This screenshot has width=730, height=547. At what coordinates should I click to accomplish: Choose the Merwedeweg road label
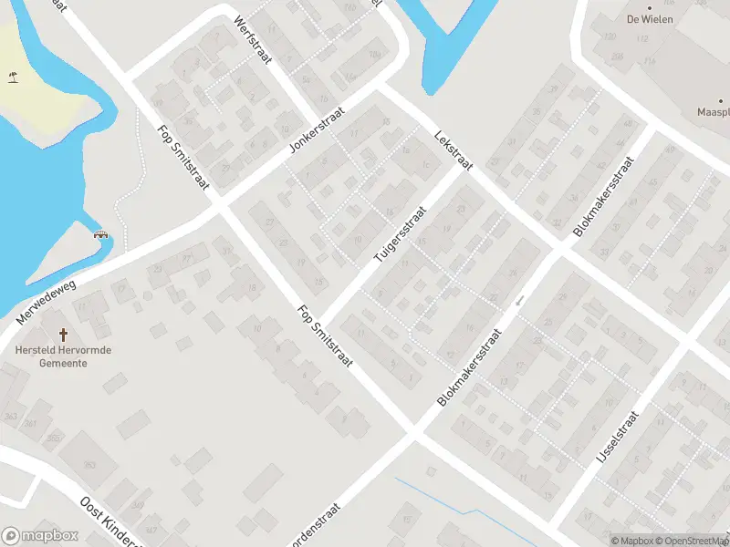(x=47, y=303)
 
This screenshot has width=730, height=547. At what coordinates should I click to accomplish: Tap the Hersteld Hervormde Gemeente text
(x=63, y=356)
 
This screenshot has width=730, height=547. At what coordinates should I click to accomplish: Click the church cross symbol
(x=63, y=335)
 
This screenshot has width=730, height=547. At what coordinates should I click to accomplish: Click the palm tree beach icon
(x=13, y=77)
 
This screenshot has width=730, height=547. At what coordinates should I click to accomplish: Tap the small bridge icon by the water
(x=102, y=234)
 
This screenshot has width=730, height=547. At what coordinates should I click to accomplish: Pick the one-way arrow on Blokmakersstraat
(x=519, y=300)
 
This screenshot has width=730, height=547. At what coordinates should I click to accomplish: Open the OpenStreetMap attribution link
(x=692, y=541)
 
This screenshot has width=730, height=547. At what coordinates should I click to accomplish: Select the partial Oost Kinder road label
(x=109, y=522)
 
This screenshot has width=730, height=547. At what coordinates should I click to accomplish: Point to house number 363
(x=11, y=416)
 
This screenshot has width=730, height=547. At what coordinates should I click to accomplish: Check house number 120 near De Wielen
(x=610, y=36)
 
